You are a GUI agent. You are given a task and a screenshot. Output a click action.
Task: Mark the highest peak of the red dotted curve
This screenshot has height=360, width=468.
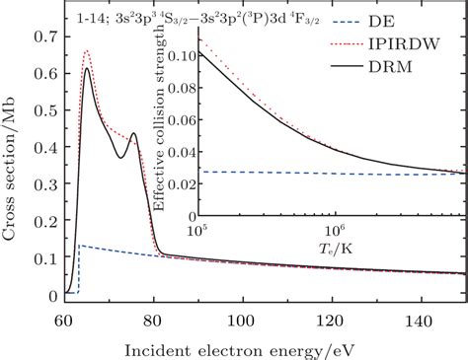pos(87,50)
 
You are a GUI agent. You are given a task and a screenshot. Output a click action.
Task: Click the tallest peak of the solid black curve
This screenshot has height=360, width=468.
pos(87,68)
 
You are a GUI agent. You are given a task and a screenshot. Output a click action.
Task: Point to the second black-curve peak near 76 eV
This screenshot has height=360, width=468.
pos(133,132)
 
